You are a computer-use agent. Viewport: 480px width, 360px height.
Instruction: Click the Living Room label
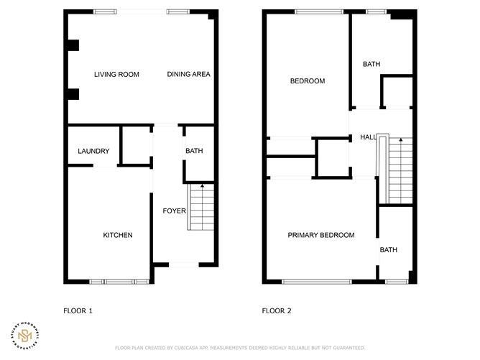116,75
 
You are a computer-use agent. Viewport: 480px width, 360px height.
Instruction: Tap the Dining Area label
188,75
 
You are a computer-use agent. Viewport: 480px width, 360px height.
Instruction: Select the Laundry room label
93,151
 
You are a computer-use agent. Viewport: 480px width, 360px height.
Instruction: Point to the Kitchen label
117,236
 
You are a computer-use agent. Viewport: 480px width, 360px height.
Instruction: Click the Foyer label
174,211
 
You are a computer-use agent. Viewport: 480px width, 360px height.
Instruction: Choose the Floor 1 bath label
194,151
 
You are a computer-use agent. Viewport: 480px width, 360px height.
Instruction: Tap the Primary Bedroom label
320,235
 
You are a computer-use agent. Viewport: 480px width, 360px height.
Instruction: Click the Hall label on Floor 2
368,137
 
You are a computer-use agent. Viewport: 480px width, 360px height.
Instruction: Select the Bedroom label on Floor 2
307,81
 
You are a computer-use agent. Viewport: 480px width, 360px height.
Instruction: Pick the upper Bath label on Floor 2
371,65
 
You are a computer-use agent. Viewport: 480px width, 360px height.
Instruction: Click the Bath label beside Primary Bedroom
388,250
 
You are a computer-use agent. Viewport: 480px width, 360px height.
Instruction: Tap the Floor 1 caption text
78,311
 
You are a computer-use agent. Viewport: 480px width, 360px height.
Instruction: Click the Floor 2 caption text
277,311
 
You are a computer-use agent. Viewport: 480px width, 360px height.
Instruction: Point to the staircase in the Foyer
202,208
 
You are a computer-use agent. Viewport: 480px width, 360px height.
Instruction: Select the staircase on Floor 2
400,171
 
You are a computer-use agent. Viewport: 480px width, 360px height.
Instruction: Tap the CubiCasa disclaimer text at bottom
239,348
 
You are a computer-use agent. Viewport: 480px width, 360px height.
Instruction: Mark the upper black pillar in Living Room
73,45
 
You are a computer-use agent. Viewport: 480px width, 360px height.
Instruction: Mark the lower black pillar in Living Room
73,94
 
